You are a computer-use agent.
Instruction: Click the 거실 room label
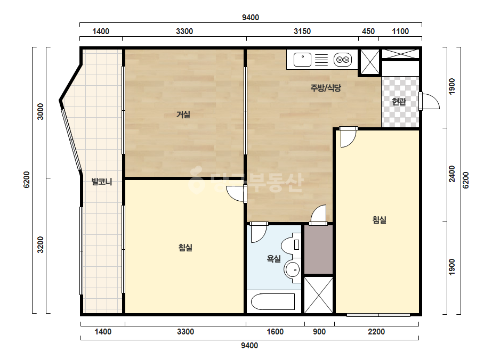[183, 114]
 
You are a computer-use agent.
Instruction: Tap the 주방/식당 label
[326, 88]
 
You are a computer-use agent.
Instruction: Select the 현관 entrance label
[399, 102]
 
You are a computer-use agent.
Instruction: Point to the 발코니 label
[102, 182]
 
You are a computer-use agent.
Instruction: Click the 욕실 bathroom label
[273, 259]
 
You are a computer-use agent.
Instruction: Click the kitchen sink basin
[302, 60]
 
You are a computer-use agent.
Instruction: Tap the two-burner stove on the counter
[342, 60]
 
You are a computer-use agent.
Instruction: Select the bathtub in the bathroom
[273, 301]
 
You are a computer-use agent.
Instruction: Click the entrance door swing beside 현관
[429, 101]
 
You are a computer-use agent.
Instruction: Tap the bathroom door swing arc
[259, 232]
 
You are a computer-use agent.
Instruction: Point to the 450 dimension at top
[368, 31]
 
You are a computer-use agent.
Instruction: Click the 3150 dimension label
[302, 31]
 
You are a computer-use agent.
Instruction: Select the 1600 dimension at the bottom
[275, 332]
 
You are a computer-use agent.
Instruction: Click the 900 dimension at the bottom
[319, 332]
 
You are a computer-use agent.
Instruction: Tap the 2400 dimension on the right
[452, 174]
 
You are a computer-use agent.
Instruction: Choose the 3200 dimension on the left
[41, 244]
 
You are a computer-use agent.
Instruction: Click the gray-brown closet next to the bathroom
[318, 249]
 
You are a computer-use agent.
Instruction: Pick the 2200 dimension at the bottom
[376, 332]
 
